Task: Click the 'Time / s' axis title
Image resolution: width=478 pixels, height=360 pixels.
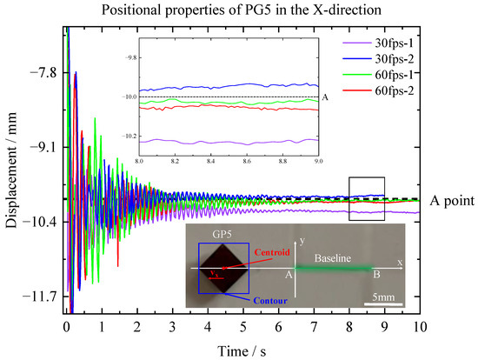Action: pyautogui.click(x=242, y=348)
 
